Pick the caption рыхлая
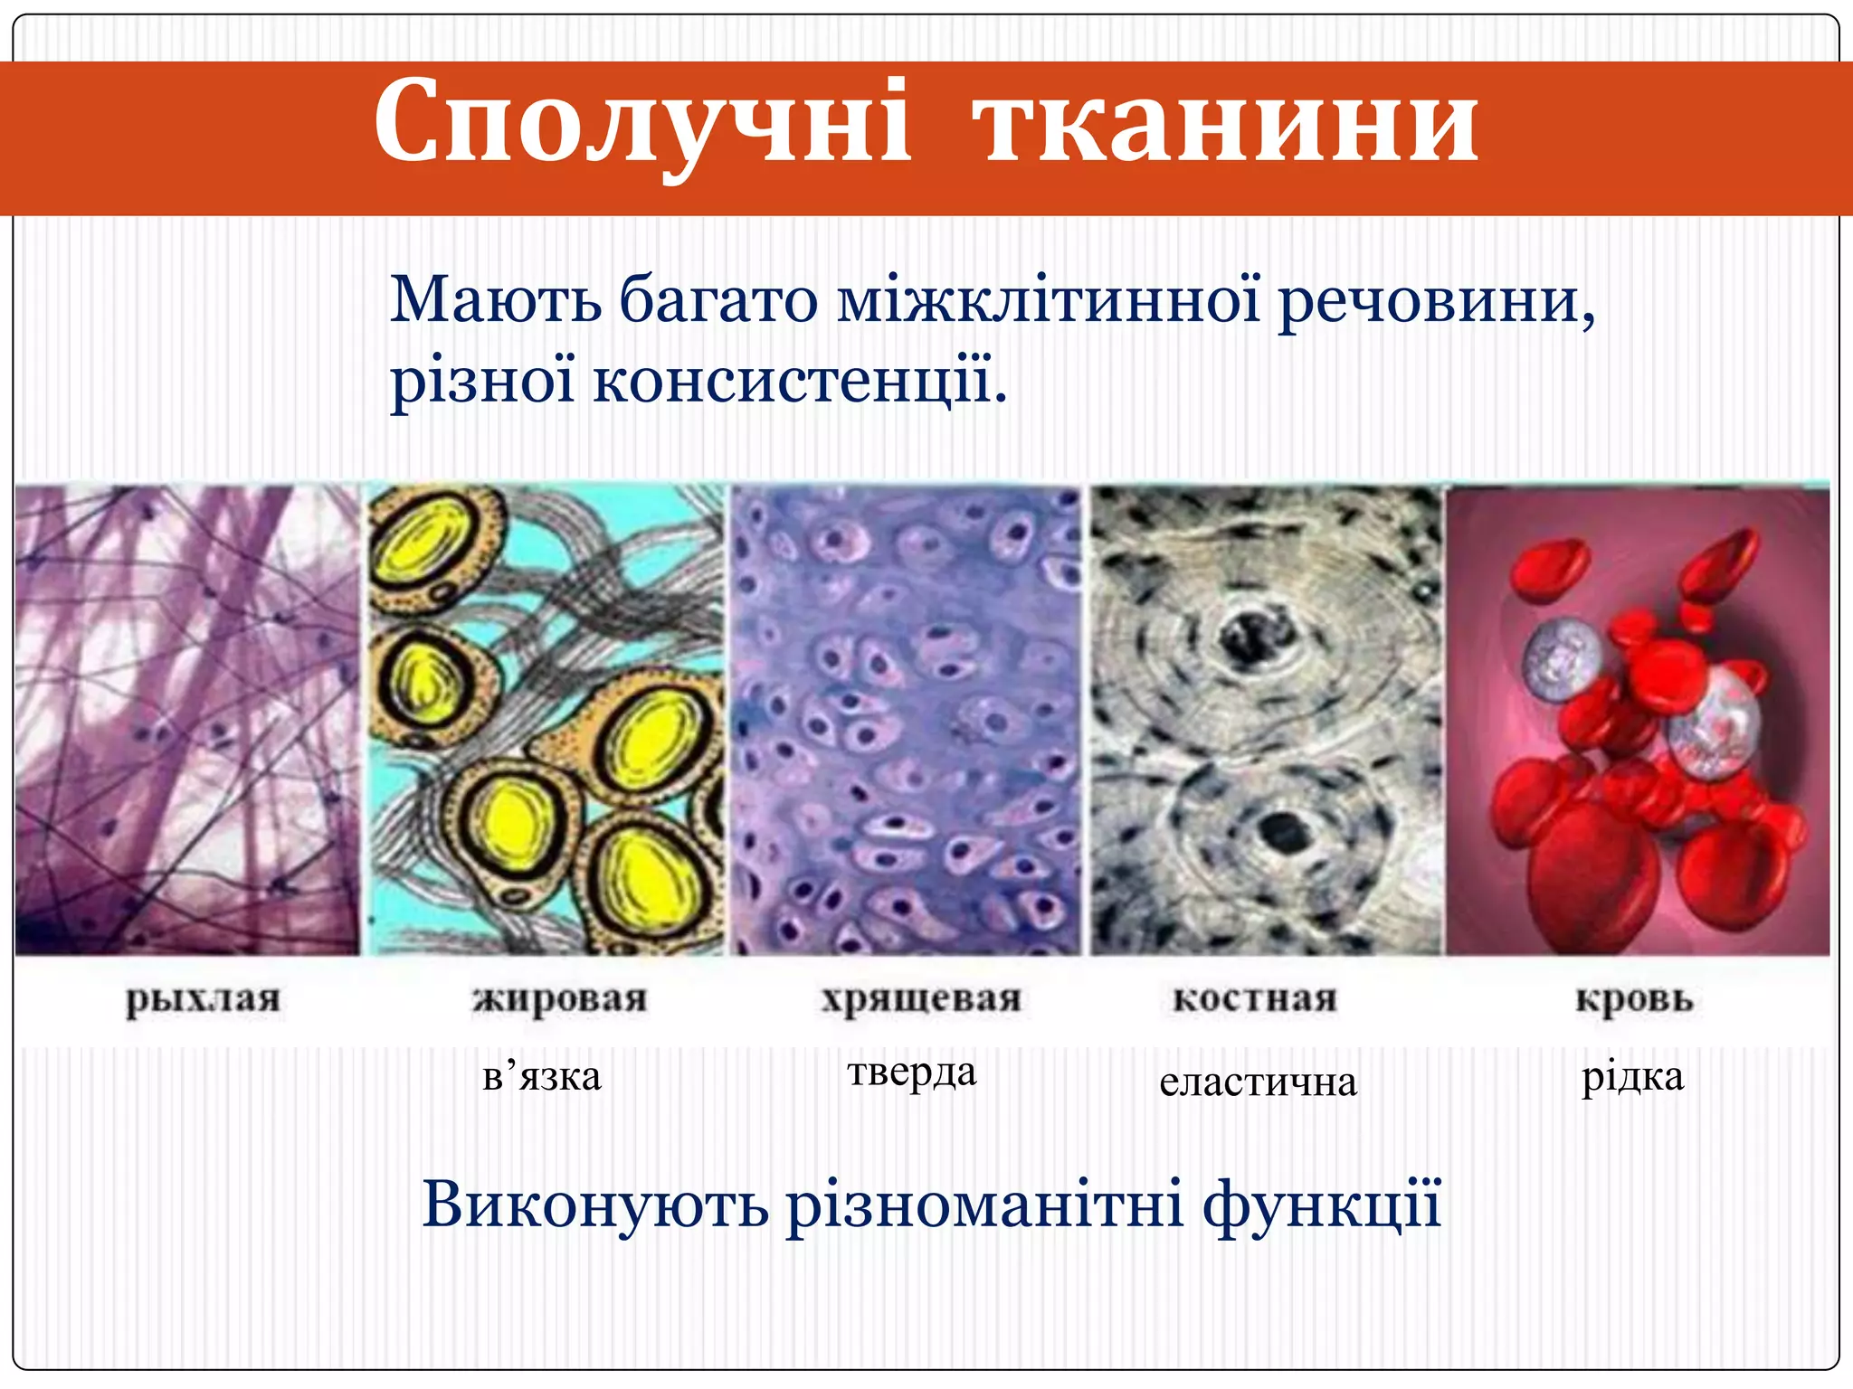tap(204, 1000)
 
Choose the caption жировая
tap(560, 1000)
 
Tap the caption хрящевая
tap(921, 1000)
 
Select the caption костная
tap(1255, 999)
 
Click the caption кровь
tap(1634, 999)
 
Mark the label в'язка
tap(542, 1077)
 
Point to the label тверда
tap(912, 1072)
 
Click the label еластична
tap(1258, 1082)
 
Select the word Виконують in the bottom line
tap(594, 1205)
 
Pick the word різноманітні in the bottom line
tap(984, 1205)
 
